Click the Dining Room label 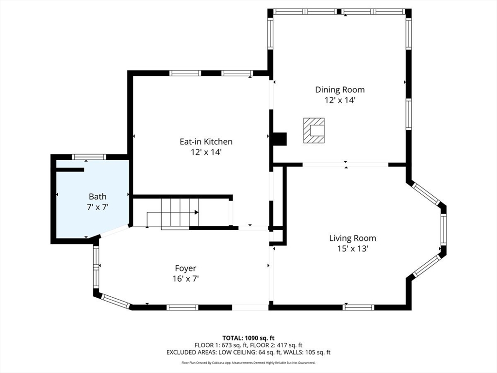[340, 90]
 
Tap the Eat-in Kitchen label [206, 141]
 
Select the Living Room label [352, 238]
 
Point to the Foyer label [185, 269]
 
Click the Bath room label [98, 197]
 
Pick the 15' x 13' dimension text [352, 249]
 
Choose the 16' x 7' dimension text [185, 279]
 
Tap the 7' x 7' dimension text [98, 207]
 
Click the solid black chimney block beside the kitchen [280, 139]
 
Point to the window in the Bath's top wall [89, 157]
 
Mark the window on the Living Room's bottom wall [359, 307]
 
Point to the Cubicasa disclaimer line [248, 362]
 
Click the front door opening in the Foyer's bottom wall [250, 307]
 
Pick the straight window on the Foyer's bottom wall [182, 307]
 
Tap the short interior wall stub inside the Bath [70, 170]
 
